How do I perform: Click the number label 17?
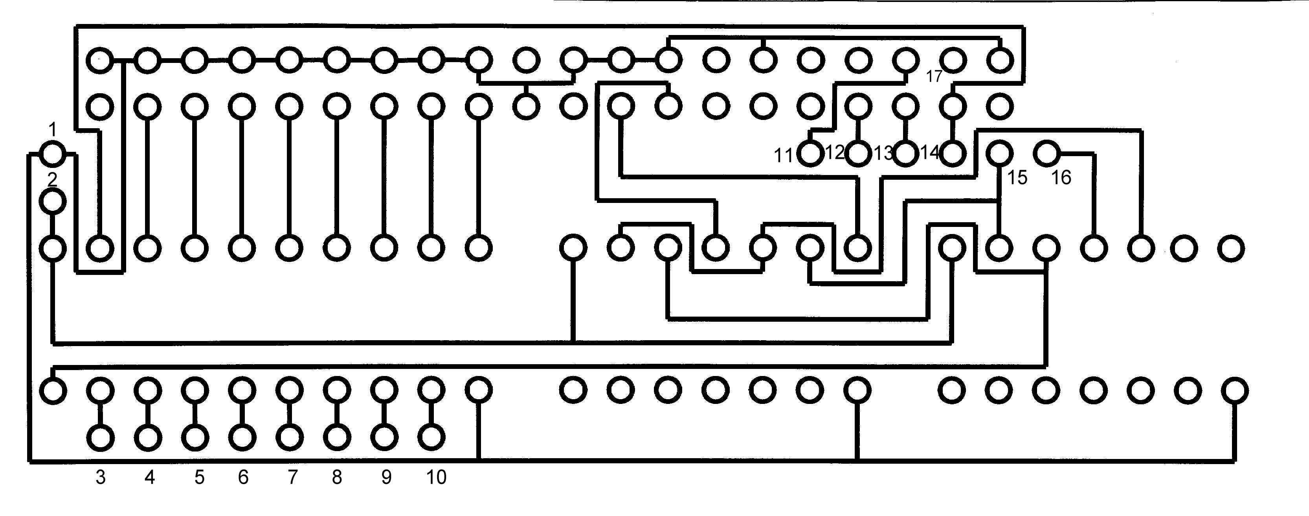click(x=934, y=77)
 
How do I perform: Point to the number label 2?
click(x=52, y=179)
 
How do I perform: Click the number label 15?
click(x=1017, y=177)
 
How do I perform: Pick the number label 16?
click(x=1061, y=177)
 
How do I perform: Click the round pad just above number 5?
click(x=195, y=437)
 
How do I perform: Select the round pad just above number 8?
click(x=337, y=437)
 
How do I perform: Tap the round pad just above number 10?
click(x=431, y=437)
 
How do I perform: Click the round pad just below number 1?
click(x=53, y=153)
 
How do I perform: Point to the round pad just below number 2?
click(x=53, y=202)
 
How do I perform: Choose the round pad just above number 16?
click(x=1046, y=153)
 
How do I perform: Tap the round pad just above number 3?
click(x=101, y=437)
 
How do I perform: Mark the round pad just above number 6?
click(x=242, y=437)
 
